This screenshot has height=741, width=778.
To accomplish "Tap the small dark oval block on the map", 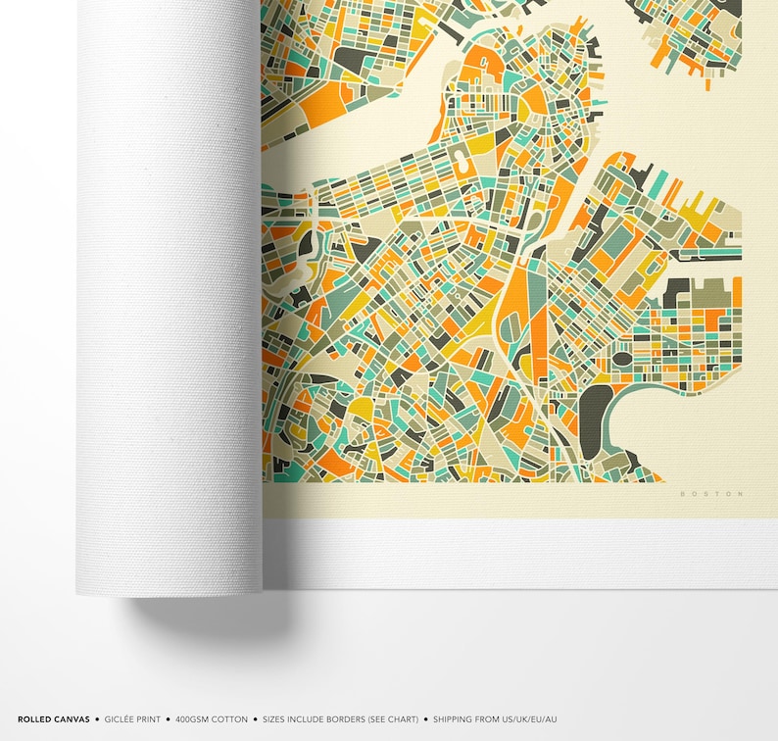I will click(x=622, y=359).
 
